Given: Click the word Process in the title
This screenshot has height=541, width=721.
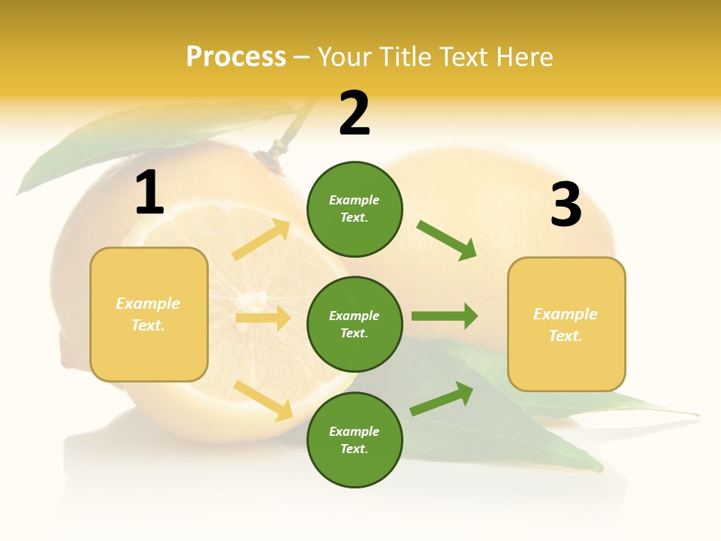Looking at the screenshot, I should pos(236,57).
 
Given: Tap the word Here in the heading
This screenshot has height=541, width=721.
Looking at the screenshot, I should pos(523,57).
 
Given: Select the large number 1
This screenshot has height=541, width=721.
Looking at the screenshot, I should pos(149,193).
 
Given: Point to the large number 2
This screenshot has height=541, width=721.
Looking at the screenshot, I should pos(354,113).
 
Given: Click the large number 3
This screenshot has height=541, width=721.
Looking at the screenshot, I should pos(566,205).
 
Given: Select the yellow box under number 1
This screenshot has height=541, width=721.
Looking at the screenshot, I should pos(149,314).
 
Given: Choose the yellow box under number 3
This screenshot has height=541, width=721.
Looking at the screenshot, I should pos(566,324).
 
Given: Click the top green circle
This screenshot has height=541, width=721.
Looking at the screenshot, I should pos(354,209).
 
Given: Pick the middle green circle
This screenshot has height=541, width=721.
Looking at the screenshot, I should pos(354,324).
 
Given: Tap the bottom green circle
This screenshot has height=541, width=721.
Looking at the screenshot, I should pos(354,440).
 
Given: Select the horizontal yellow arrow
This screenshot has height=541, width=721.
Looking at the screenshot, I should pos(264,318).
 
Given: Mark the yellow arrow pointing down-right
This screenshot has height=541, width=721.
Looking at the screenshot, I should pos(264,400).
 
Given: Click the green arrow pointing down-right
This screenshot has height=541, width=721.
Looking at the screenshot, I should pos(446,240).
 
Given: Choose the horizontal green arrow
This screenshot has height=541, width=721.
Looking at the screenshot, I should pos(445,316).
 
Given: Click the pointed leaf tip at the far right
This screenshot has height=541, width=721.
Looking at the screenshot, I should pos(695,414).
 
